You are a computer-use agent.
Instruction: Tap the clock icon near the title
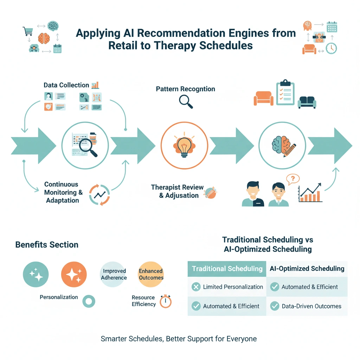pyautogui.click(x=331, y=48)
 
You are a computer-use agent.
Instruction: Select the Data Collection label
pyautogui.click(x=66, y=85)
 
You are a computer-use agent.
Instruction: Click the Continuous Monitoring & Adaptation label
pyautogui.click(x=63, y=192)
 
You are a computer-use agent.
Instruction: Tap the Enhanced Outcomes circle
pyautogui.click(x=151, y=274)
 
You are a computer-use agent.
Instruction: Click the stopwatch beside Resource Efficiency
pyautogui.click(x=165, y=301)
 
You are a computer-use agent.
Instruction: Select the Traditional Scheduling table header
pyautogui.click(x=227, y=269)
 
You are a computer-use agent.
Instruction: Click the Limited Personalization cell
pyautogui.click(x=233, y=287)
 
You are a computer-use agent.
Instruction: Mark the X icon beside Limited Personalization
pyautogui.click(x=196, y=287)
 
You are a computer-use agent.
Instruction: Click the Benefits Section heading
pyautogui.click(x=47, y=245)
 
